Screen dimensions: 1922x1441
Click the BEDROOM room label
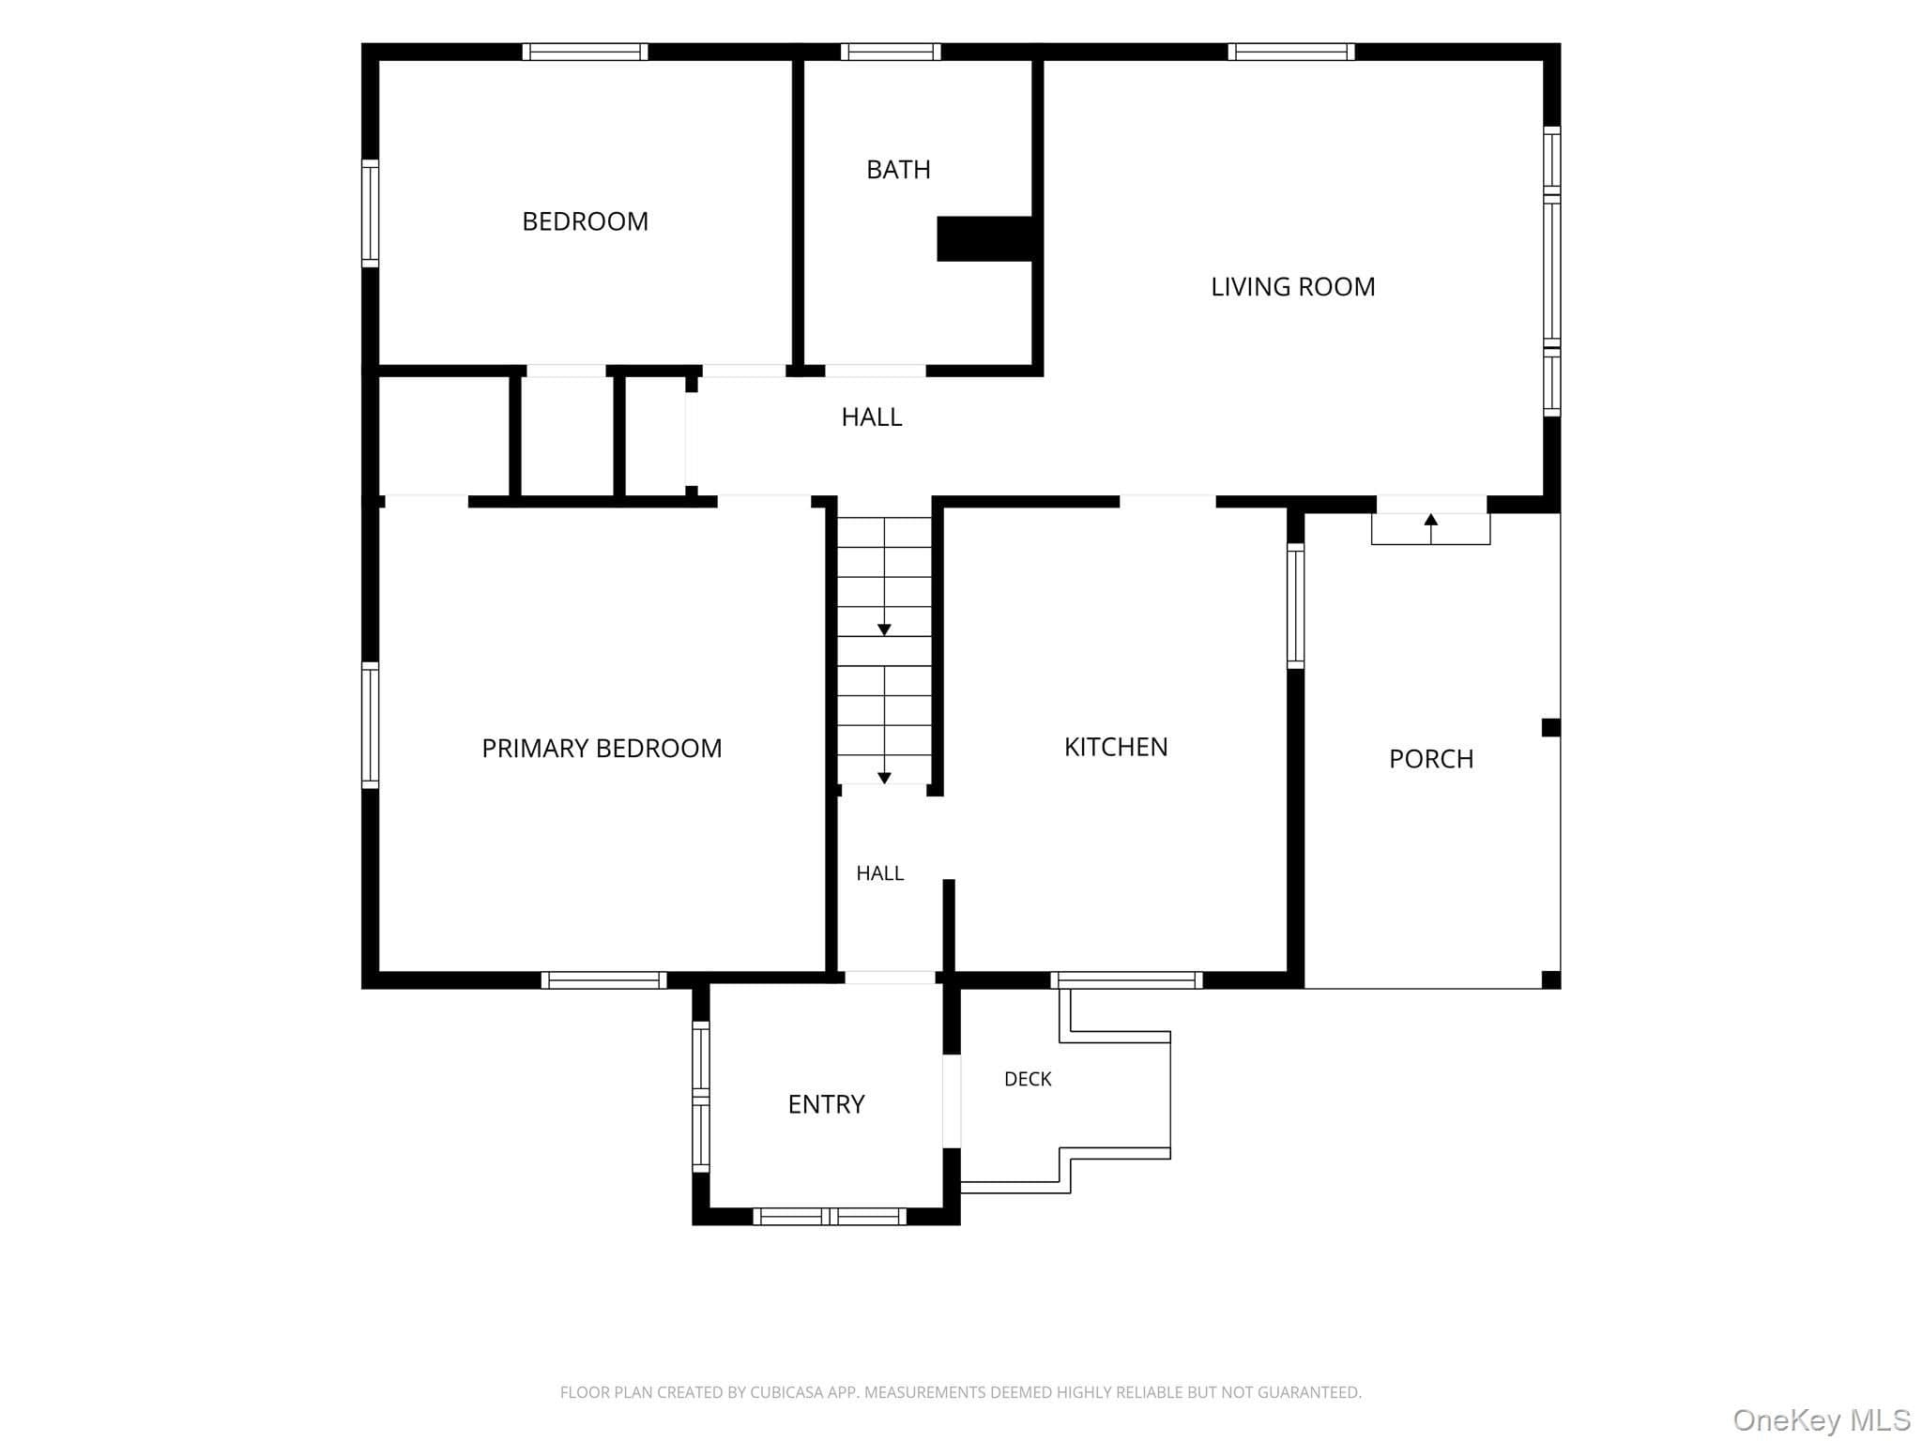pyautogui.click(x=585, y=221)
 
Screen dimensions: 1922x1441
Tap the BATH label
pyautogui.click(x=898, y=170)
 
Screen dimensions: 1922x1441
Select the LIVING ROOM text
pyautogui.click(x=1292, y=287)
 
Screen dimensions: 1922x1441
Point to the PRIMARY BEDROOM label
pyautogui.click(x=602, y=749)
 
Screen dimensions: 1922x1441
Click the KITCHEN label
pyautogui.click(x=1116, y=747)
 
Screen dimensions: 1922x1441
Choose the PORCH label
pyautogui.click(x=1431, y=759)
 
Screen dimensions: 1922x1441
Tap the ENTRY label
pyautogui.click(x=826, y=1104)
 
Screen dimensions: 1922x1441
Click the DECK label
pyautogui.click(x=1028, y=1079)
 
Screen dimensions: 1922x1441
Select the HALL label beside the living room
pyautogui.click(x=872, y=417)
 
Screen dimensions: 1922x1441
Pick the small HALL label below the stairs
pyautogui.click(x=880, y=873)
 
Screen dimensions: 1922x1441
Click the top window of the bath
pyautogui.click(x=891, y=52)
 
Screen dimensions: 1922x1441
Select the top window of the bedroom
pyautogui.click(x=585, y=52)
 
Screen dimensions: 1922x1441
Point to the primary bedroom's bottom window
pyautogui.click(x=603, y=980)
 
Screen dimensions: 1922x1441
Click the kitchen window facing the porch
pyautogui.click(x=1295, y=606)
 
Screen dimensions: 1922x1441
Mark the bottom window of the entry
pyautogui.click(x=830, y=1217)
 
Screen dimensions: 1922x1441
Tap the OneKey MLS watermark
pyautogui.click(x=1822, y=1419)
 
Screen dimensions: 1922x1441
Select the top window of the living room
pyautogui.click(x=1291, y=52)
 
